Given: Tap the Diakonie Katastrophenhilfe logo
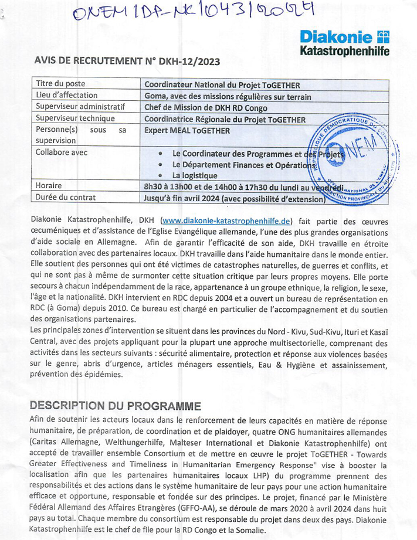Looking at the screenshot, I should (x=344, y=43).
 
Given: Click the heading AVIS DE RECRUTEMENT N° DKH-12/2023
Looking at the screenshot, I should (x=128, y=60).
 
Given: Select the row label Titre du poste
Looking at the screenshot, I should (x=61, y=84).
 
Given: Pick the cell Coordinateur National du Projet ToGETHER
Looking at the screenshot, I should (x=230, y=85).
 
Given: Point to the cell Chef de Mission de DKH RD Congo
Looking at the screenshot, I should (x=206, y=108).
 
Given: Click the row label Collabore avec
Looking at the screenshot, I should (x=62, y=152).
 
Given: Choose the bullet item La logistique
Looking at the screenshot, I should (x=195, y=175).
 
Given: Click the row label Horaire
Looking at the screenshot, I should (x=49, y=186).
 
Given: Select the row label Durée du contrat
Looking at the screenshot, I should (x=66, y=198).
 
